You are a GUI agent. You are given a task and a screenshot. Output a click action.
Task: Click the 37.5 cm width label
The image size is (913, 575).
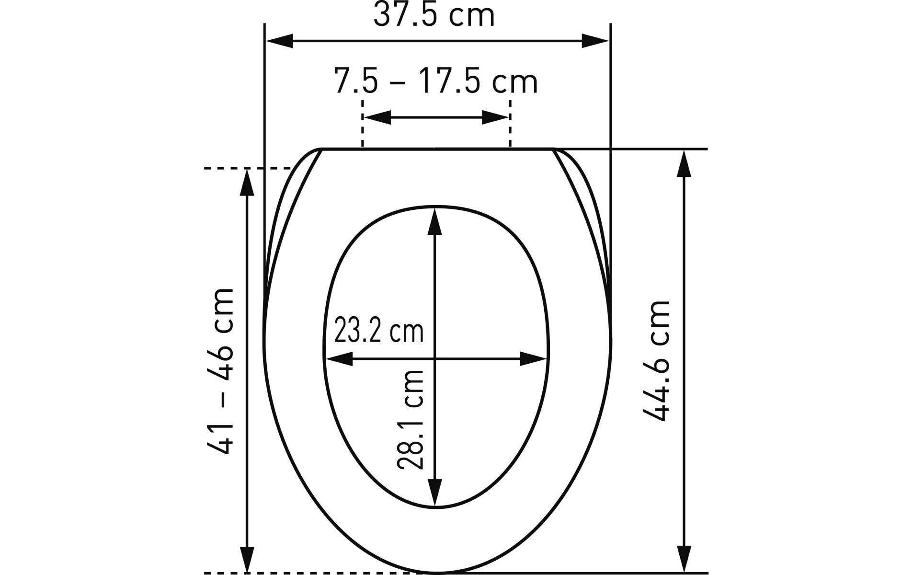[x=434, y=15]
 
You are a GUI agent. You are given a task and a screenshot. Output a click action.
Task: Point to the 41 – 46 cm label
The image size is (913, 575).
[x=221, y=371]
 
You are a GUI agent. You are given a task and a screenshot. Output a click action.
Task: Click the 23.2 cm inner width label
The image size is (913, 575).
[x=378, y=331]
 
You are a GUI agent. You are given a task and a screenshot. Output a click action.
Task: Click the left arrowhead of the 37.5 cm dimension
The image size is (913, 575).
[x=279, y=41]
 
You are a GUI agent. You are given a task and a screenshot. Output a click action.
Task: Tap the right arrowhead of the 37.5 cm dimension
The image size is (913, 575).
[x=595, y=41]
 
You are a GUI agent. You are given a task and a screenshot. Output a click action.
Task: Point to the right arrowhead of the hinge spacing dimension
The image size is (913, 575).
[x=495, y=117]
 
